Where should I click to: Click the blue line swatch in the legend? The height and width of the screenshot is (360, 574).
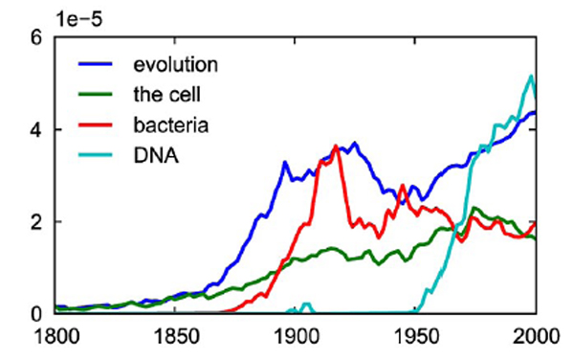pyautogui.click(x=97, y=65)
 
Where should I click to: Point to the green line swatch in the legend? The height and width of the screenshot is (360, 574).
pyautogui.click(x=97, y=95)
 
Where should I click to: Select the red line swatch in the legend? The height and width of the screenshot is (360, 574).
pyautogui.click(x=97, y=124)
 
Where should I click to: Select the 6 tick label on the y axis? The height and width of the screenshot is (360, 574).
pyautogui.click(x=37, y=38)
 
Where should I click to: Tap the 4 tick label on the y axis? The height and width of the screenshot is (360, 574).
pyautogui.click(x=37, y=130)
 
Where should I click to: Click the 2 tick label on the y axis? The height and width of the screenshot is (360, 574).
pyautogui.click(x=37, y=222)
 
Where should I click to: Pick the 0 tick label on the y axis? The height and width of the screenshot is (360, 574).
pyautogui.click(x=37, y=313)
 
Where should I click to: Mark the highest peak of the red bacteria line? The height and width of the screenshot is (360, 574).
pyautogui.click(x=336, y=146)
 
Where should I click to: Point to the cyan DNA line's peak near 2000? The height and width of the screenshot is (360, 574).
pyautogui.click(x=531, y=76)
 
